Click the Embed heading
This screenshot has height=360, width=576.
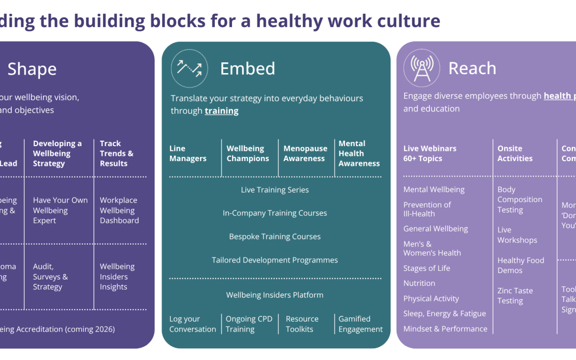(x=247, y=69)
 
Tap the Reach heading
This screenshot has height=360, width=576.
(x=472, y=68)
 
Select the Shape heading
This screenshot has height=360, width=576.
(x=32, y=69)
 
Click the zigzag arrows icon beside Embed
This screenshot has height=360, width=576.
(x=189, y=68)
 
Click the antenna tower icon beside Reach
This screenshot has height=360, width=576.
(x=421, y=69)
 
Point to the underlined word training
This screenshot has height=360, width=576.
(x=221, y=111)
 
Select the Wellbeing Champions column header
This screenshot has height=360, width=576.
(x=247, y=154)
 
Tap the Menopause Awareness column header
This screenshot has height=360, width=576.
(x=304, y=154)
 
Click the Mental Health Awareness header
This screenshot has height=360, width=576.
(x=359, y=154)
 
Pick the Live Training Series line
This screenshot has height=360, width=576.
(x=275, y=190)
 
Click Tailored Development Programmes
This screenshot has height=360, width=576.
(x=275, y=260)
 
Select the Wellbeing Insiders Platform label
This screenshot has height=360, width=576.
(x=275, y=295)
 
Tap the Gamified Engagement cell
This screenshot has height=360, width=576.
(x=360, y=324)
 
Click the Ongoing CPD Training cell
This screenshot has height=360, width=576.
(x=249, y=324)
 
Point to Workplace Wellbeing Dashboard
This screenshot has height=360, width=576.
(x=119, y=210)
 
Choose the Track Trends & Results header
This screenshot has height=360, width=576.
(x=116, y=154)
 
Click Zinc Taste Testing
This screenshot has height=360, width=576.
(x=515, y=295)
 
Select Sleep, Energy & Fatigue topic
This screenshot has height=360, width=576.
(x=444, y=314)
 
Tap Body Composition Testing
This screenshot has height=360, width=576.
(x=519, y=199)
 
